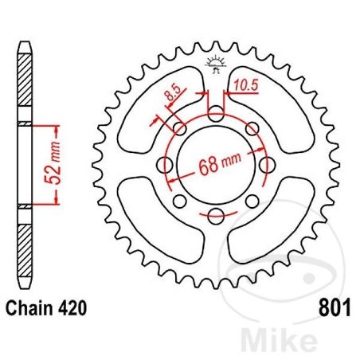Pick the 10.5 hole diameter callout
245,84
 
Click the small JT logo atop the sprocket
215,66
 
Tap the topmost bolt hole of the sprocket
216,115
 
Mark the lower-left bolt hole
181,200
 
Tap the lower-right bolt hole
251,200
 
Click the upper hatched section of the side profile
24,80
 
